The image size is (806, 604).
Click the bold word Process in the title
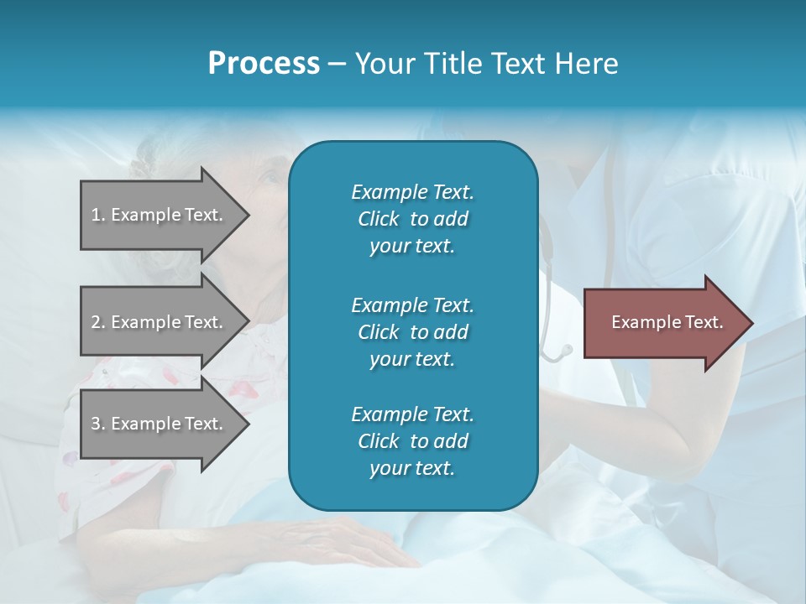264,64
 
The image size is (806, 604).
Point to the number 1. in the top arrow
98,215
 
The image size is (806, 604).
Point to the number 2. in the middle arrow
98,322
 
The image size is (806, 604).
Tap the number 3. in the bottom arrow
98,424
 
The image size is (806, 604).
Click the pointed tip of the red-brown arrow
750,323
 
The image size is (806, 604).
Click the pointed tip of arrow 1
246,215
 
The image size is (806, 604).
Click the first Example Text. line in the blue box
412,192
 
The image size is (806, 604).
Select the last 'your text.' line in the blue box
412,469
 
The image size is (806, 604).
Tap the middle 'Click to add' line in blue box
412,332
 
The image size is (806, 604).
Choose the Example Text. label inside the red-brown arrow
667,322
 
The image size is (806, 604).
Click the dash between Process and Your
338,65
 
